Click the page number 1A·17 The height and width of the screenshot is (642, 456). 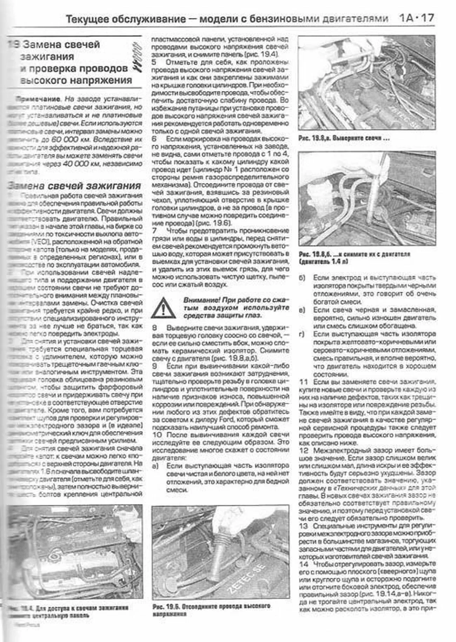pos(416,18)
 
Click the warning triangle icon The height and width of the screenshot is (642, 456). pos(163,307)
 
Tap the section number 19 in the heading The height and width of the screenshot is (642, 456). pos(14,45)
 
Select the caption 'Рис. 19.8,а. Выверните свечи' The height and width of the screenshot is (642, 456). pos(344,138)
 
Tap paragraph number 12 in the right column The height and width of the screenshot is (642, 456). pos(304,450)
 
